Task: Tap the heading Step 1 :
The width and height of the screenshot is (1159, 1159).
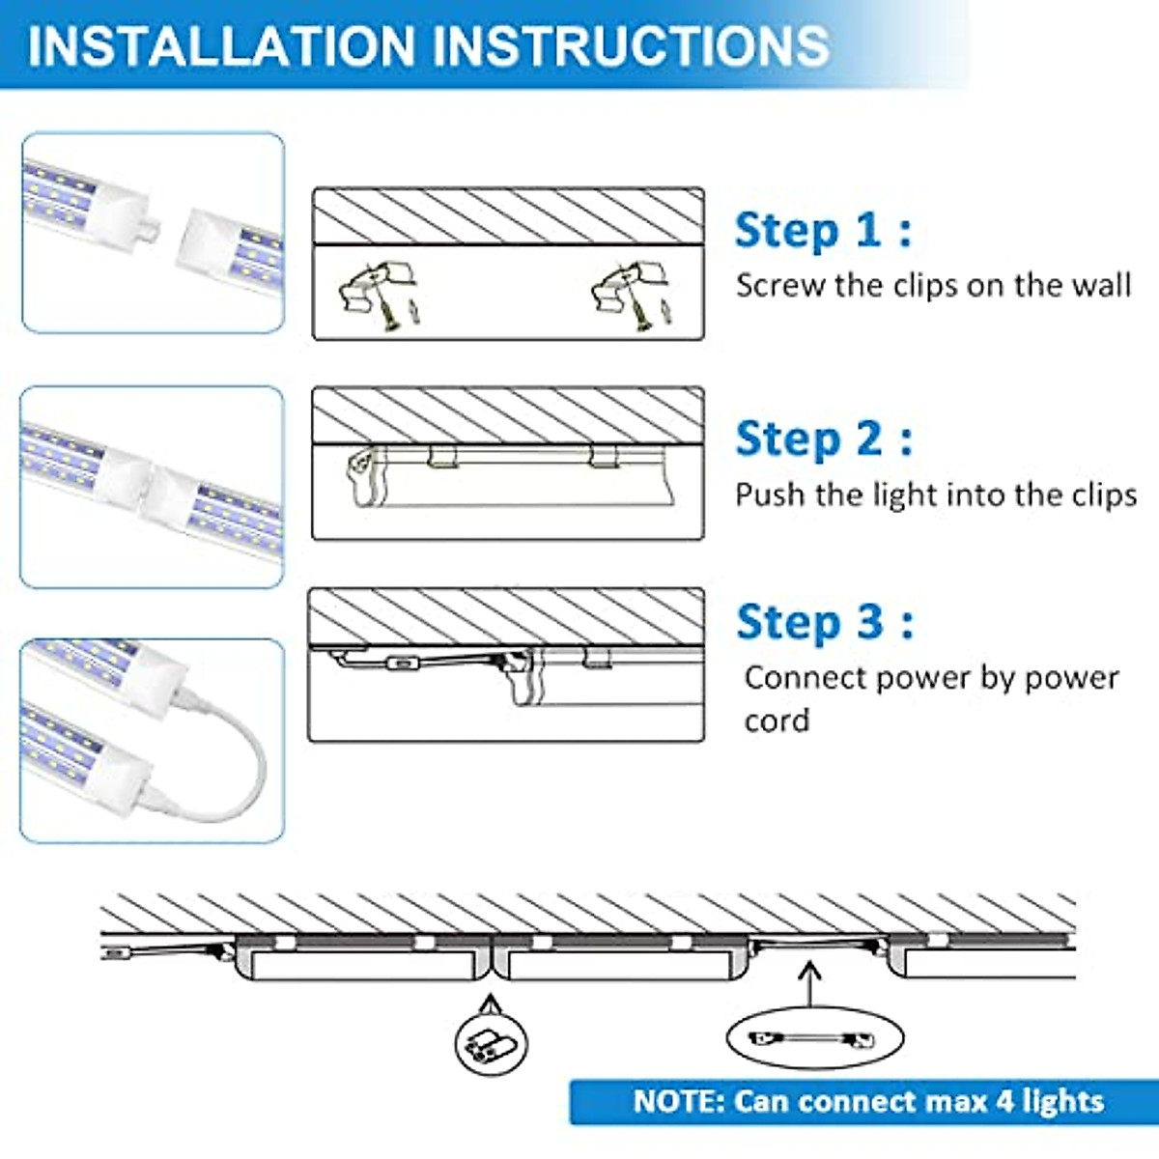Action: pyautogui.click(x=822, y=231)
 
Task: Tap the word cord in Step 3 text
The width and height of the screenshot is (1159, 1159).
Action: pyautogui.click(x=777, y=721)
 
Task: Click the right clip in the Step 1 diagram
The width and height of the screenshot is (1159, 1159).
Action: pyautogui.click(x=628, y=291)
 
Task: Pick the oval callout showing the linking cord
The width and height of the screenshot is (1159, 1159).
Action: pyautogui.click(x=813, y=1039)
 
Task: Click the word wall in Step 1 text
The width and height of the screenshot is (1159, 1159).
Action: pyautogui.click(x=1100, y=286)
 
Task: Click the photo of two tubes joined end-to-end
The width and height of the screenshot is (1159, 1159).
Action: pyautogui.click(x=152, y=488)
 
